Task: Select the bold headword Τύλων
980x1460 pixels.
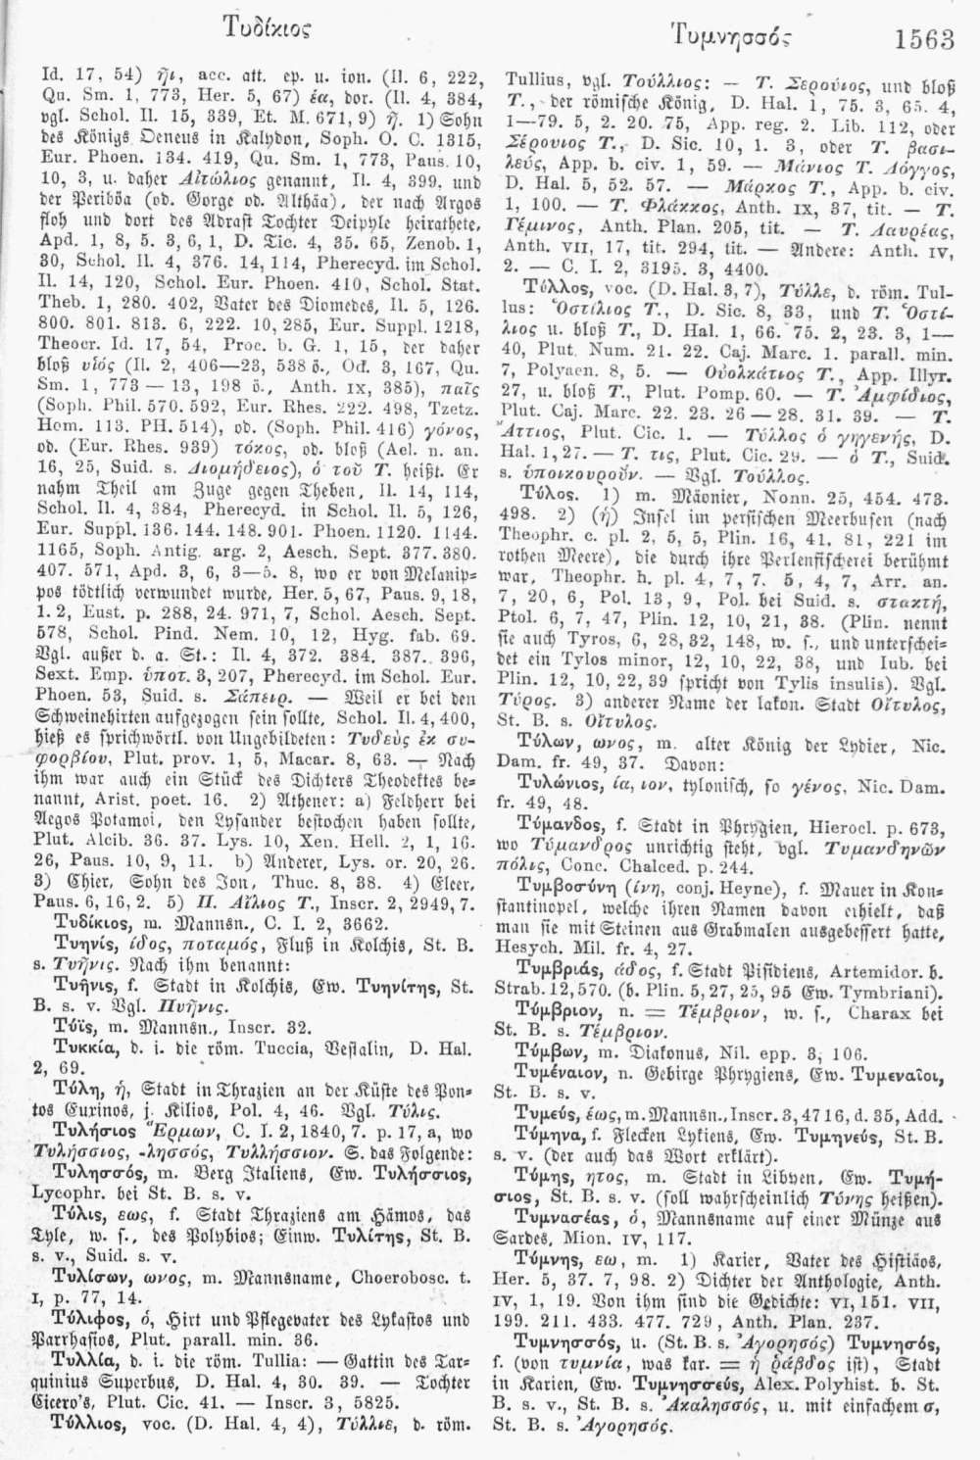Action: pyautogui.click(x=550, y=739)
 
